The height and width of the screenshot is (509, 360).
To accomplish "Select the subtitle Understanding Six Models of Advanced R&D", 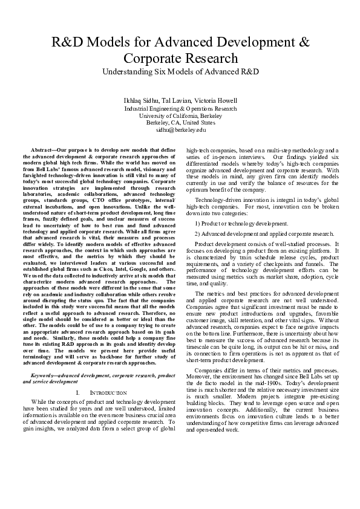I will pyautogui.click(x=180, y=71).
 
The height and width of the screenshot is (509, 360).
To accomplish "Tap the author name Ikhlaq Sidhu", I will pyautogui.click(x=140, y=100).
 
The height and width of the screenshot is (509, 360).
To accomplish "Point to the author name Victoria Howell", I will pyautogui.click(x=216, y=100).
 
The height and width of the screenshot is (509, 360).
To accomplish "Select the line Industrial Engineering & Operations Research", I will pyautogui.click(x=180, y=108).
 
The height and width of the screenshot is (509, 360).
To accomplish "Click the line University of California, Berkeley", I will pyautogui.click(x=180, y=115).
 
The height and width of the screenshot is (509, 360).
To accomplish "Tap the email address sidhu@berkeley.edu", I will pyautogui.click(x=180, y=129).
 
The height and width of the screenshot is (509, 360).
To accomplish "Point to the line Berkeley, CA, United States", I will pyautogui.click(x=180, y=122).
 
